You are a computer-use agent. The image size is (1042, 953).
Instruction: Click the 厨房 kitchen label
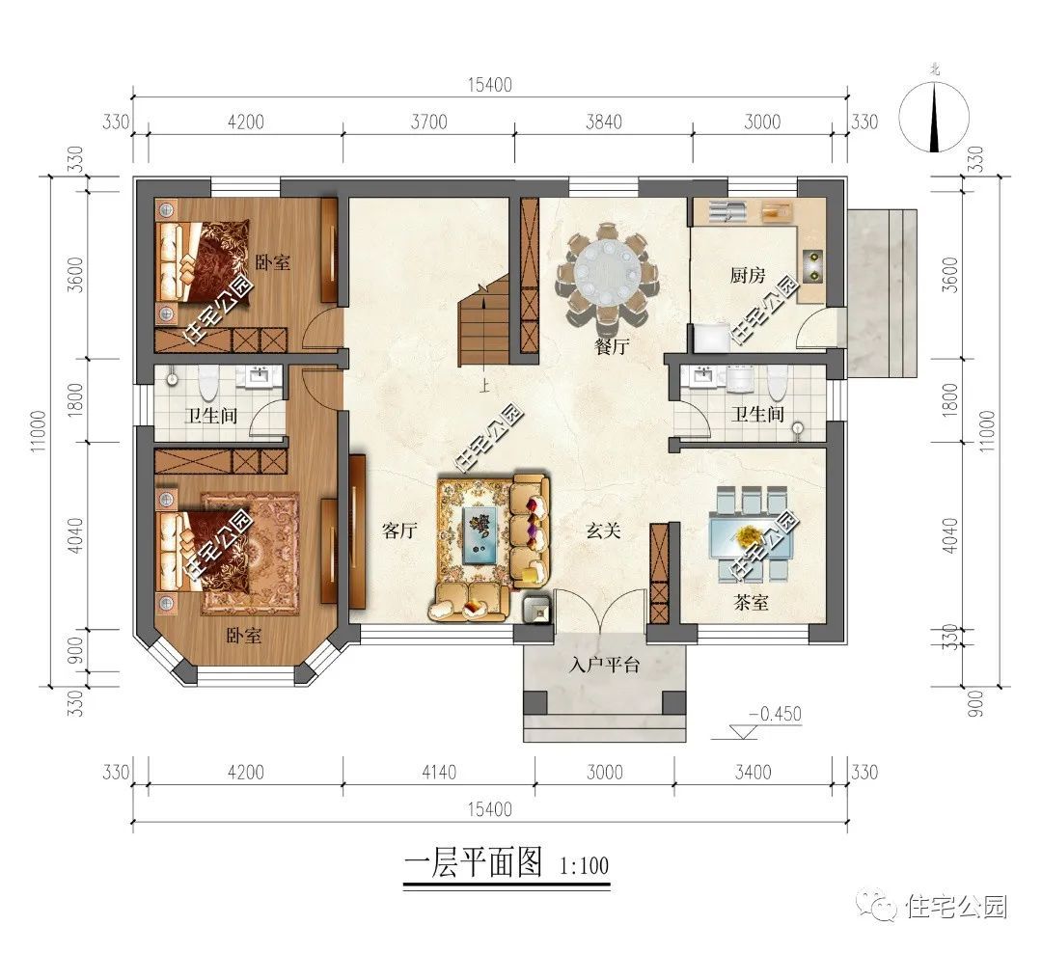click(747, 276)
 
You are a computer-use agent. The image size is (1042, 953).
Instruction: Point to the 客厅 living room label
click(398, 531)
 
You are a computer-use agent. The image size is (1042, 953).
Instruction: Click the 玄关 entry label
click(605, 531)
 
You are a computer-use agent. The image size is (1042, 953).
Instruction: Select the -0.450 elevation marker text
click(775, 715)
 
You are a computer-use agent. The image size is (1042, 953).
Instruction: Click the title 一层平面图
click(472, 861)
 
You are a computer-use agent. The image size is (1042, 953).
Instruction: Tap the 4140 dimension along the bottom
click(439, 772)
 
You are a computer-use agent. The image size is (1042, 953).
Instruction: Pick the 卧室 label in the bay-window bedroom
click(243, 637)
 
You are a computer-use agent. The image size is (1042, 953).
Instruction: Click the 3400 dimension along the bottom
click(753, 772)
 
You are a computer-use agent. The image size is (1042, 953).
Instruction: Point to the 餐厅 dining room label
click(611, 347)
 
